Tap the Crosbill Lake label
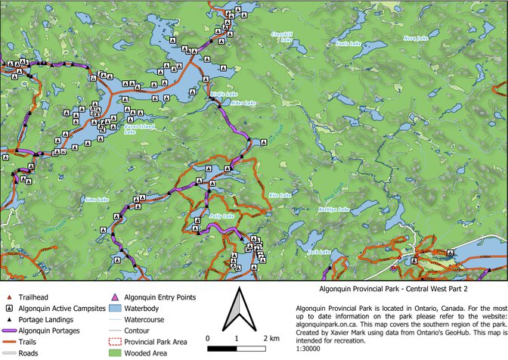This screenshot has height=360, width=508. [x=282, y=36]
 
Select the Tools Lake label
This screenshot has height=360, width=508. [x=347, y=44]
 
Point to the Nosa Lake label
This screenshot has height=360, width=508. [x=416, y=38]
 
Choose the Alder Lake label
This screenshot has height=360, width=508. [x=246, y=103]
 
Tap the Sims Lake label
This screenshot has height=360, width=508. [x=98, y=200]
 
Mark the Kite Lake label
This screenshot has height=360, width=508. [x=280, y=195]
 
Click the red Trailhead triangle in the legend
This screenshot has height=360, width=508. [x=8, y=299]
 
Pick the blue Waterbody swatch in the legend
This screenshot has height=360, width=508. [x=116, y=309]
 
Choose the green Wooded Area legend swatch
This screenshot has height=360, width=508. [x=116, y=352]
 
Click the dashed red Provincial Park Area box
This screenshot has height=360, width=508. [x=116, y=341]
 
